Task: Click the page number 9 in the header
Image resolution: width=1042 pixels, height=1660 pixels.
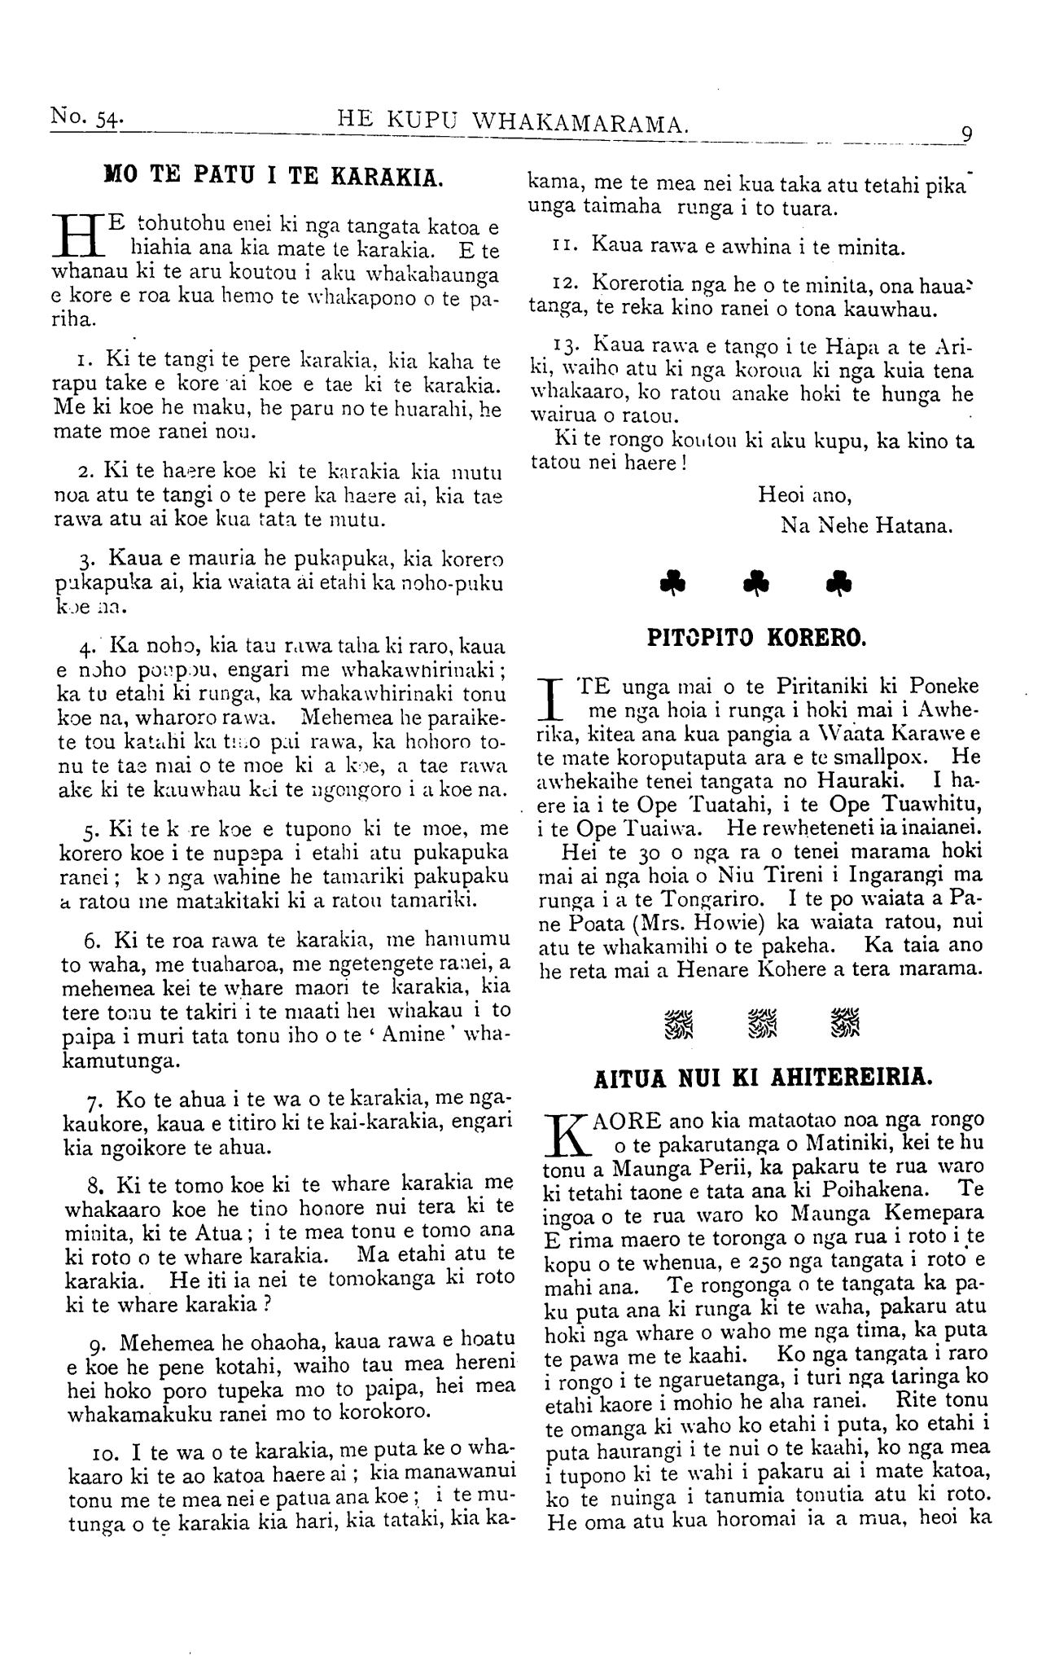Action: click(x=966, y=134)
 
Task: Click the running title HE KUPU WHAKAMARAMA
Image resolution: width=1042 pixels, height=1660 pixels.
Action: click(x=514, y=124)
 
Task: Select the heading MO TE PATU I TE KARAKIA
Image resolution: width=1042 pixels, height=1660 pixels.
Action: click(x=274, y=175)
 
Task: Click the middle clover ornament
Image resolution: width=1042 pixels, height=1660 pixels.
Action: click(x=756, y=581)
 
